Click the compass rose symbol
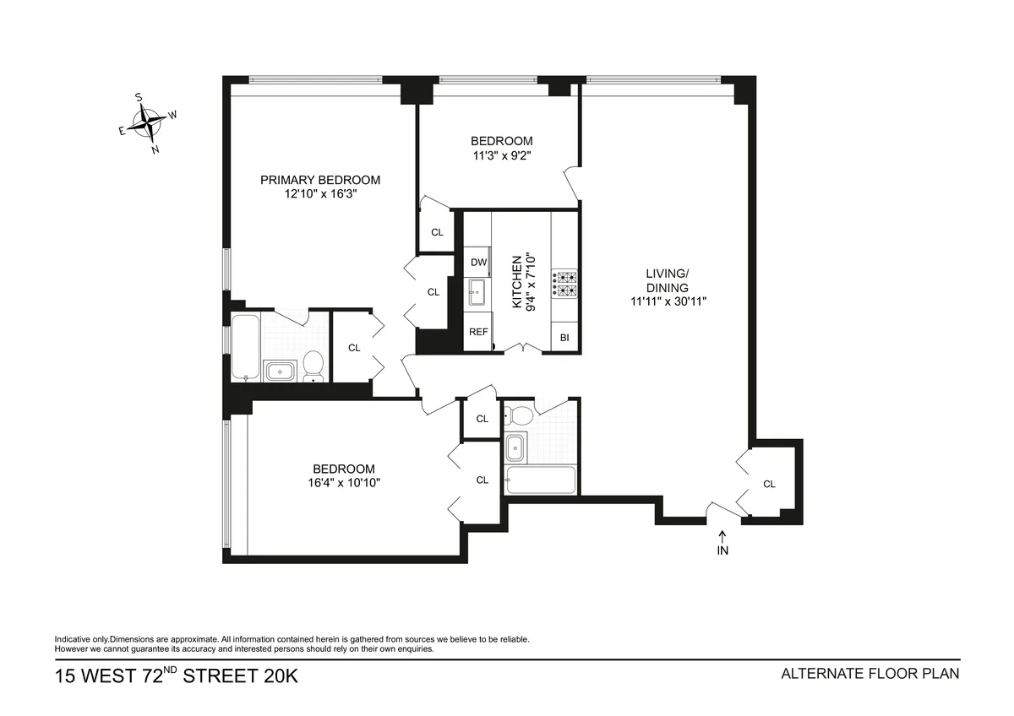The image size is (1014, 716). click(150, 124)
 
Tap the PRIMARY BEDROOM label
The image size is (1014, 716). click(319, 180)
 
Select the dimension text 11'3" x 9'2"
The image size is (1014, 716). click(501, 155)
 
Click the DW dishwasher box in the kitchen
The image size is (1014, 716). click(478, 262)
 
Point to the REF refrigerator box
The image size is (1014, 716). click(478, 332)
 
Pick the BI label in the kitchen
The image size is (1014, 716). click(564, 338)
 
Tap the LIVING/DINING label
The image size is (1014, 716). click(668, 280)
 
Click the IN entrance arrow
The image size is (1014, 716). click(722, 544)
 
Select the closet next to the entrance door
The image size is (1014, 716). click(769, 484)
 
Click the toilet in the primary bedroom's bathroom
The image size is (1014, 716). click(313, 366)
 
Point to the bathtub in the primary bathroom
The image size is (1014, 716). click(245, 347)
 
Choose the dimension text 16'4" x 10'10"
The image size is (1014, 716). click(343, 483)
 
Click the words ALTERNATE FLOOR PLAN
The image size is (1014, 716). click(870, 674)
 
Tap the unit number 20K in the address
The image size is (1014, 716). click(274, 675)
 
